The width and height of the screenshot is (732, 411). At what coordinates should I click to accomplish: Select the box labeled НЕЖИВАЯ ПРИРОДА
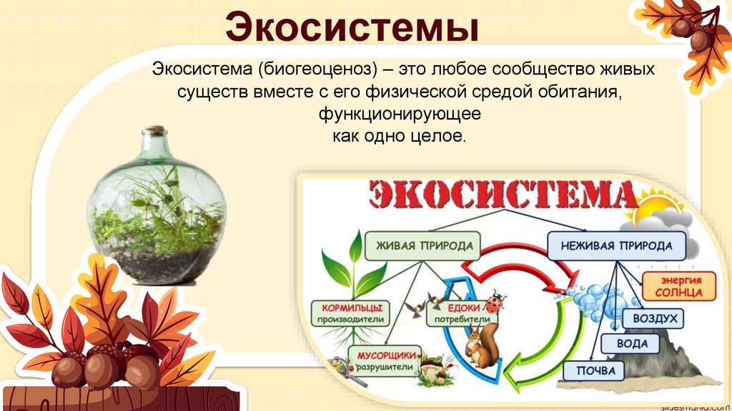616,246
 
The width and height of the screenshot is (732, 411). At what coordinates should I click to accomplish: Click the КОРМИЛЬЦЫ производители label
350,311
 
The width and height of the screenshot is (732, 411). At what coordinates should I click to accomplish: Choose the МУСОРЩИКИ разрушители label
385,359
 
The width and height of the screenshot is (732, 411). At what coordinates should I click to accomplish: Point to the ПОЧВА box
593,370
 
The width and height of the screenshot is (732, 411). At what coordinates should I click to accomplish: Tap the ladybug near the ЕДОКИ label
494,301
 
